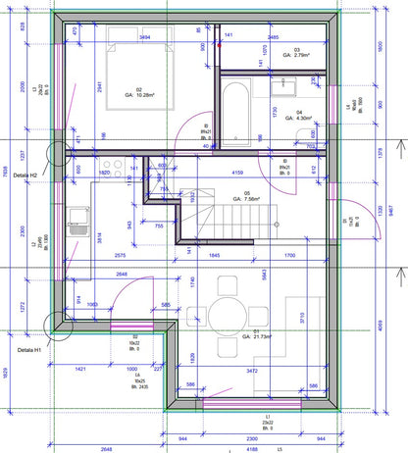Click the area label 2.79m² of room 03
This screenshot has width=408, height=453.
click(x=294, y=56)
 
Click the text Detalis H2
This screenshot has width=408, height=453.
click(x=21, y=176)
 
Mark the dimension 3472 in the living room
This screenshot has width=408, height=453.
click(x=252, y=372)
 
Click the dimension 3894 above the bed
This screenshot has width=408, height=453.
click(x=145, y=37)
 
